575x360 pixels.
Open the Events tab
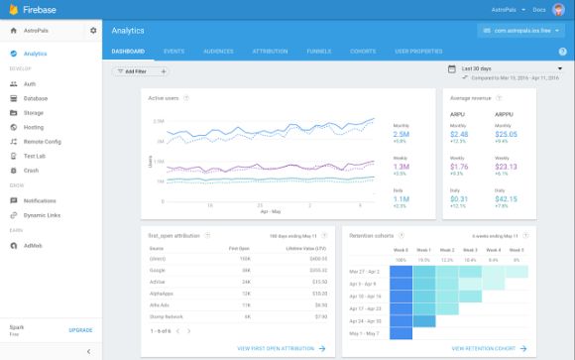[x=173, y=50]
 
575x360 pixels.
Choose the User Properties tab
[x=418, y=50]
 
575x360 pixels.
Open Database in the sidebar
[x=36, y=98]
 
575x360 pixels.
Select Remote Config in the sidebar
[x=43, y=142]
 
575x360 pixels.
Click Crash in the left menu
[x=31, y=171]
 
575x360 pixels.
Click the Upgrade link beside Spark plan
[x=80, y=329]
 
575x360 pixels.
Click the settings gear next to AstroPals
[x=93, y=31]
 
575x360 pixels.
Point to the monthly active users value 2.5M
[x=402, y=134]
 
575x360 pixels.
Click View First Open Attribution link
[x=282, y=348]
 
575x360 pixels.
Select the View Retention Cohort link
[x=487, y=348]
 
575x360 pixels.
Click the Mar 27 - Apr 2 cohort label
[x=366, y=270]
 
